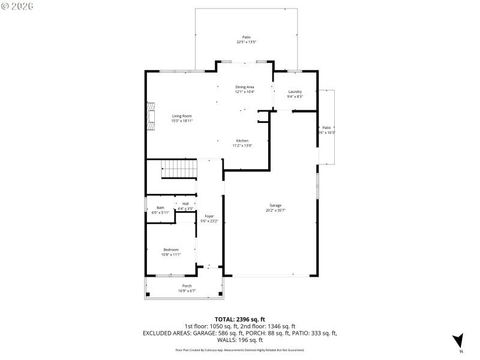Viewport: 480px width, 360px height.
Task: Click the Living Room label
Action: pos(182,116)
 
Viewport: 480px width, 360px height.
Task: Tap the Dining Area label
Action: pos(244,87)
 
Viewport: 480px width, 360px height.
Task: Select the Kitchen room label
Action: pos(242,140)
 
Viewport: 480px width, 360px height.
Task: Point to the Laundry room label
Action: pos(295,91)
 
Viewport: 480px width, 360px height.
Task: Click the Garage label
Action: pos(275,205)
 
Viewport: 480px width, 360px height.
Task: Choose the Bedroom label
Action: pos(171,250)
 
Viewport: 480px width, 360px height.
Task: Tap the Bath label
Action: pos(160,208)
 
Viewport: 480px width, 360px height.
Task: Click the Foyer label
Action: pos(209,216)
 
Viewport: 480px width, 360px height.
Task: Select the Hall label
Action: pos(185,204)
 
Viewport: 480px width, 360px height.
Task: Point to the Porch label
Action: pos(187,286)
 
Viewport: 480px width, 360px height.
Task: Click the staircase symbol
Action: pos(179,170)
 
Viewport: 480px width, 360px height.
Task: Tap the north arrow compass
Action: pos(458,340)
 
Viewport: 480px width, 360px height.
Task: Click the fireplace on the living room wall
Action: pos(150,118)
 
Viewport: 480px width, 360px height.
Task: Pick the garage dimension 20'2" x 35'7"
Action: pos(275,211)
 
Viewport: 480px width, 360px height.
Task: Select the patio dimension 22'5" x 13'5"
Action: pos(246,42)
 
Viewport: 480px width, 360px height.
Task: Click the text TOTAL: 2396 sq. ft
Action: pos(240,319)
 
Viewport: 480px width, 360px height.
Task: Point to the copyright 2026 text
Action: pos(17,6)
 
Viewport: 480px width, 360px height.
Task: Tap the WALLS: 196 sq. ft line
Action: pos(240,340)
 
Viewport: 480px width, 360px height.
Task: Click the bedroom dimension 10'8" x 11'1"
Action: pos(171,255)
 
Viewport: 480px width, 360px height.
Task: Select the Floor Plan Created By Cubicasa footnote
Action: pos(240,350)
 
